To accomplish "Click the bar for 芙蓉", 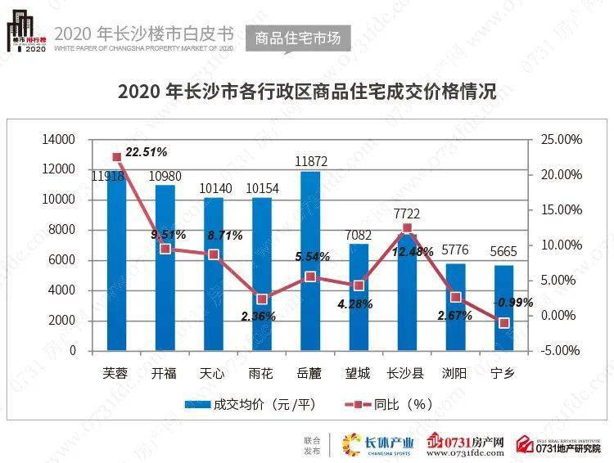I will pos(116,262).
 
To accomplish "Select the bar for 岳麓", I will pos(310,262).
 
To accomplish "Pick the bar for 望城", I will pos(359,298).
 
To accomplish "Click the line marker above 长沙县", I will pos(407,228).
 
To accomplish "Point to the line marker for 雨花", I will pos(262,299).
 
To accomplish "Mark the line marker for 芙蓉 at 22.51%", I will pos(116,157).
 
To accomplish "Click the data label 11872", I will pos(310,162).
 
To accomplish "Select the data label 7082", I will pos(359,236).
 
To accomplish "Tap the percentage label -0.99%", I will pos(512,303).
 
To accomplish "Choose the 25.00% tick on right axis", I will pos(562,140).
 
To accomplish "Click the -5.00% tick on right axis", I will pos(562,351).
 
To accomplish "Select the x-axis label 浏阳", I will pos(456,374).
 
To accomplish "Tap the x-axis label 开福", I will pos(165,374).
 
